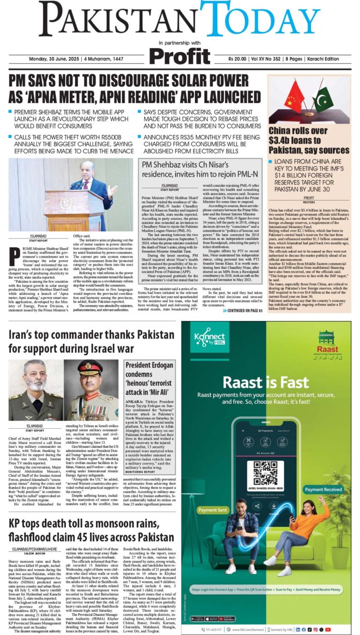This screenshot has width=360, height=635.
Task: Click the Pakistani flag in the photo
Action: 324,101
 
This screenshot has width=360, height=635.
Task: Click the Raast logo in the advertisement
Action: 327,342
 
